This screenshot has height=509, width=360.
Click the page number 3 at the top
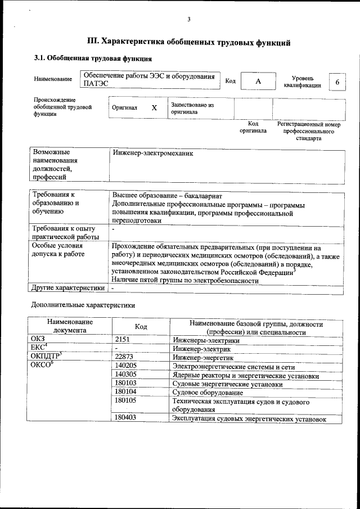point(189,20)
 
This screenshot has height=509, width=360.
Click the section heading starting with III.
point(189,41)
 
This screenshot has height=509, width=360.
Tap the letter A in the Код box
point(258,82)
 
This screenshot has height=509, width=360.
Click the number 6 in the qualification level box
point(337,82)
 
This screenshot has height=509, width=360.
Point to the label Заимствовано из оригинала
point(192,108)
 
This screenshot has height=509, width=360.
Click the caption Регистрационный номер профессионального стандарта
point(309,130)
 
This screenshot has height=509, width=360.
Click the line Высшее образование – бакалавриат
point(168,195)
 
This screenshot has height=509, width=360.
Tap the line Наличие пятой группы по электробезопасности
point(185,280)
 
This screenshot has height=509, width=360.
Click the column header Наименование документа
point(70,327)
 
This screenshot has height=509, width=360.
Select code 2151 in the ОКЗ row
point(123,340)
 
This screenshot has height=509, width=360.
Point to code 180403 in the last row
point(127,418)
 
